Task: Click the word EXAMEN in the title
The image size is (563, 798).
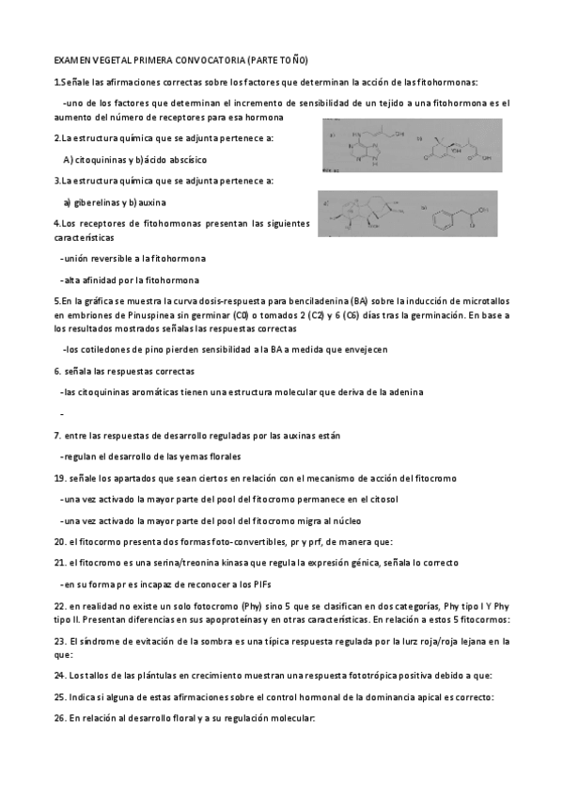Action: point(72,59)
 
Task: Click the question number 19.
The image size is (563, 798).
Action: point(59,478)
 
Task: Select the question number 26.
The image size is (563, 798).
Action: point(59,718)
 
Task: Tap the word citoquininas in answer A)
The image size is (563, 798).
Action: point(101,159)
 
